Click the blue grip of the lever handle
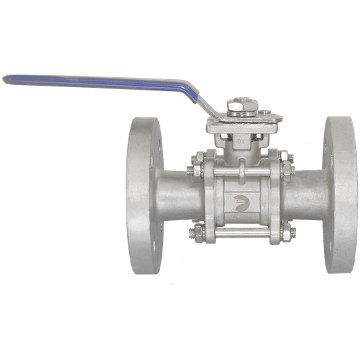pyautogui.click(x=100, y=81)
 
